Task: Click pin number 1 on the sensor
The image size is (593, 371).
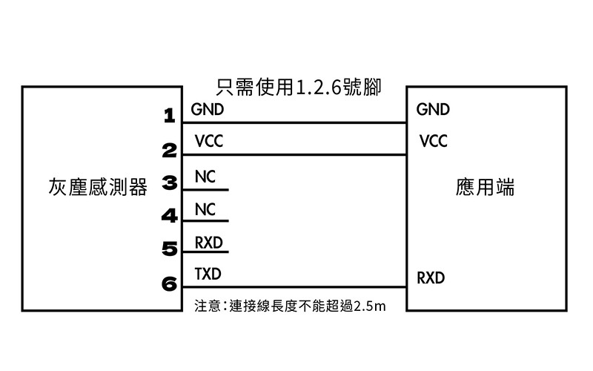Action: click(170, 116)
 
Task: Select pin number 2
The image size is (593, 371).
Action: click(170, 151)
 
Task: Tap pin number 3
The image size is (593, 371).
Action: click(170, 183)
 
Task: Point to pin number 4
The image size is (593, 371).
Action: click(170, 216)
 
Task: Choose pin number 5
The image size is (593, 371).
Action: click(170, 249)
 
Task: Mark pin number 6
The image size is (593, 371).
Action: click(170, 283)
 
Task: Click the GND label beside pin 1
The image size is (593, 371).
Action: click(208, 109)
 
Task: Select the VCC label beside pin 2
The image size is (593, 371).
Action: click(209, 141)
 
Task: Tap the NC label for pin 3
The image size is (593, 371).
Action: click(205, 177)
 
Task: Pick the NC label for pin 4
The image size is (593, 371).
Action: click(205, 209)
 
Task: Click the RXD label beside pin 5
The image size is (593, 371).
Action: click(209, 243)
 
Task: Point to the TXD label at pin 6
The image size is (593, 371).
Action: click(208, 274)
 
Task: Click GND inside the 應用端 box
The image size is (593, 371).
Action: click(433, 109)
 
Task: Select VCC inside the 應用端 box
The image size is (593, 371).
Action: click(434, 141)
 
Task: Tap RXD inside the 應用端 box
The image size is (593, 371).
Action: click(431, 278)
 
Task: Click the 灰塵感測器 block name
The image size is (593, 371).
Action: click(98, 187)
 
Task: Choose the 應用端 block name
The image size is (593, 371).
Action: click(485, 187)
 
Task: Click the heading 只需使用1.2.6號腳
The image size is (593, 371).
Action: click(299, 87)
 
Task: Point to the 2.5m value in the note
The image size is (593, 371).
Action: click(370, 306)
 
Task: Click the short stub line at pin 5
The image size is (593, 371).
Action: click(206, 252)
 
